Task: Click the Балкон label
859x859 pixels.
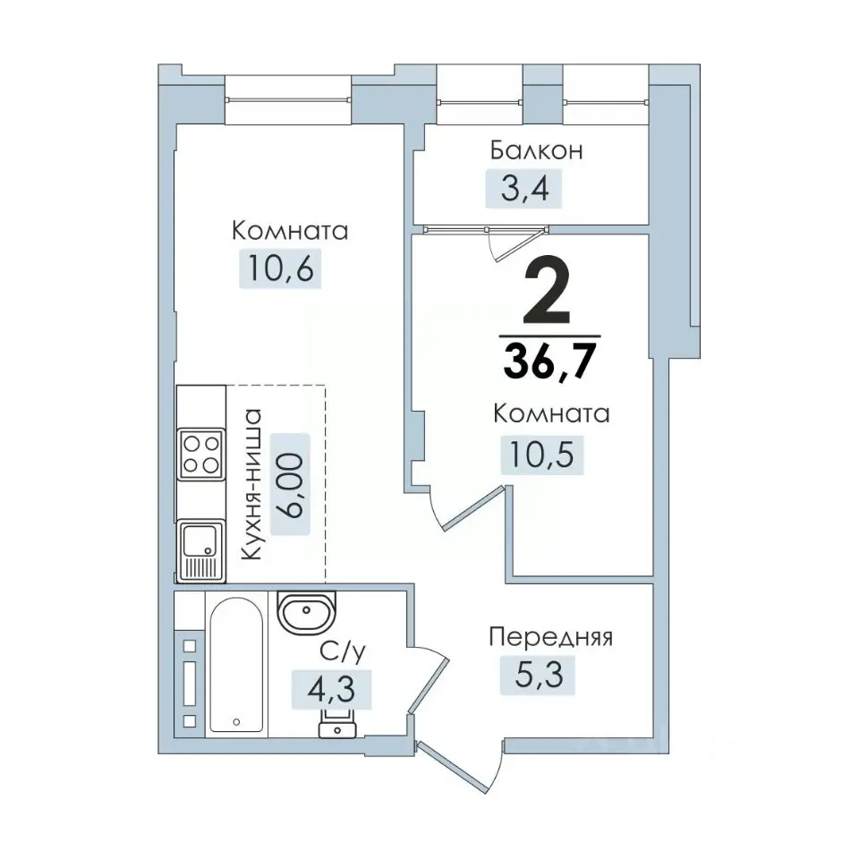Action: tap(536, 150)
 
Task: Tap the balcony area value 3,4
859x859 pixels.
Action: tap(524, 188)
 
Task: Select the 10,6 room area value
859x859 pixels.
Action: tap(280, 268)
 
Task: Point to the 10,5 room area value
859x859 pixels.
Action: tap(542, 455)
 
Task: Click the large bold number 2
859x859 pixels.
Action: tap(547, 291)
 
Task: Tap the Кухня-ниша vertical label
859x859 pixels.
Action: tap(251, 484)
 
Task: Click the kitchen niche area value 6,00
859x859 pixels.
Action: tap(290, 484)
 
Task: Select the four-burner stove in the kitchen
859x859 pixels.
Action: tap(201, 455)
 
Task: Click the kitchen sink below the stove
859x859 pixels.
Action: tap(201, 550)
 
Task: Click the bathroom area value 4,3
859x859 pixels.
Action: tap(331, 689)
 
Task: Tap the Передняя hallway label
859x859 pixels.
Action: tap(550, 637)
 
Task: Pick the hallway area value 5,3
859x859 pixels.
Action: tap(539, 675)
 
